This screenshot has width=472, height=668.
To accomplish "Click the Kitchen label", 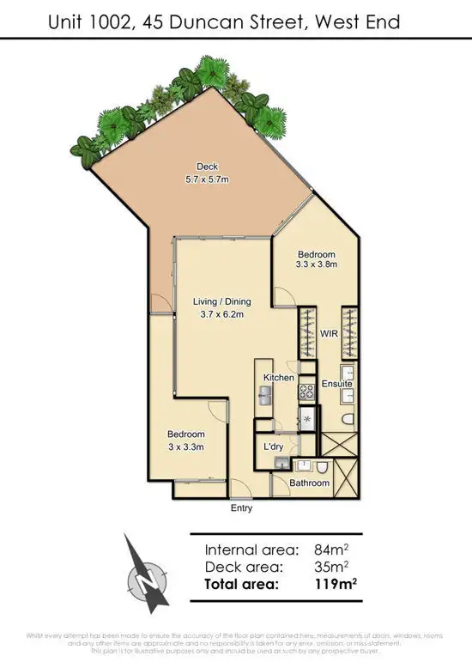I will (x=279, y=378).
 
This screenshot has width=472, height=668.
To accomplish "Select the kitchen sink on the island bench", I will (x=266, y=395).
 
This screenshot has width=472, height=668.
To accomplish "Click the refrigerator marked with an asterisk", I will (x=307, y=418).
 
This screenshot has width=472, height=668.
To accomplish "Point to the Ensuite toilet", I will (x=348, y=419).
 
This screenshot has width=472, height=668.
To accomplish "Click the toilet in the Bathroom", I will (x=319, y=469).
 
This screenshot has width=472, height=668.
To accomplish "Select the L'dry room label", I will (x=274, y=447).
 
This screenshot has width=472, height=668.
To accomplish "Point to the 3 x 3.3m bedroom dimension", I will (x=185, y=447).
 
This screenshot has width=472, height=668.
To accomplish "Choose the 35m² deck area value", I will (x=330, y=567).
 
